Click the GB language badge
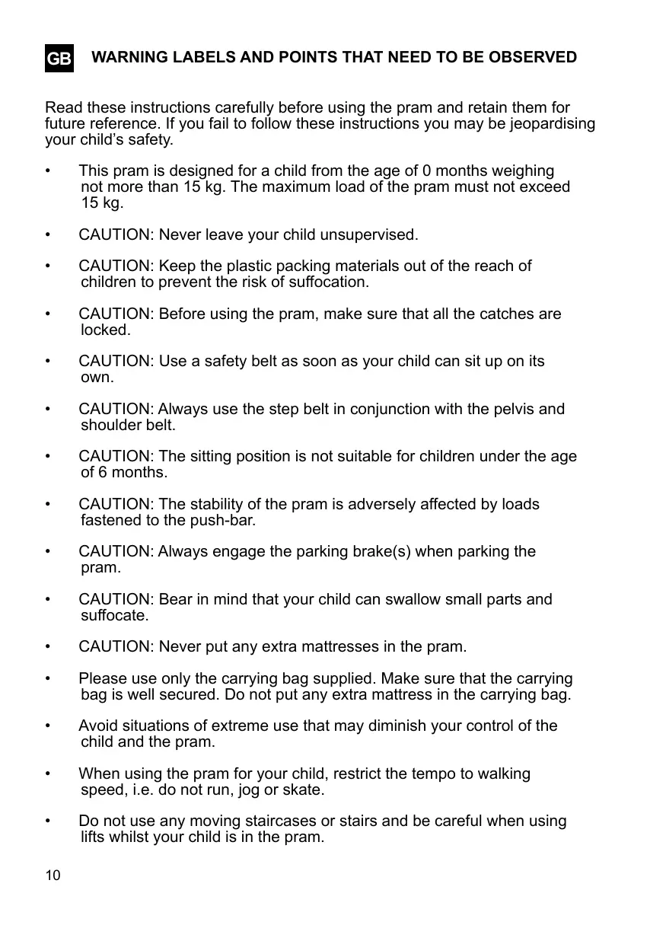pos(59,59)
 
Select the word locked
pos(105,330)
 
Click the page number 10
pos(53,875)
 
